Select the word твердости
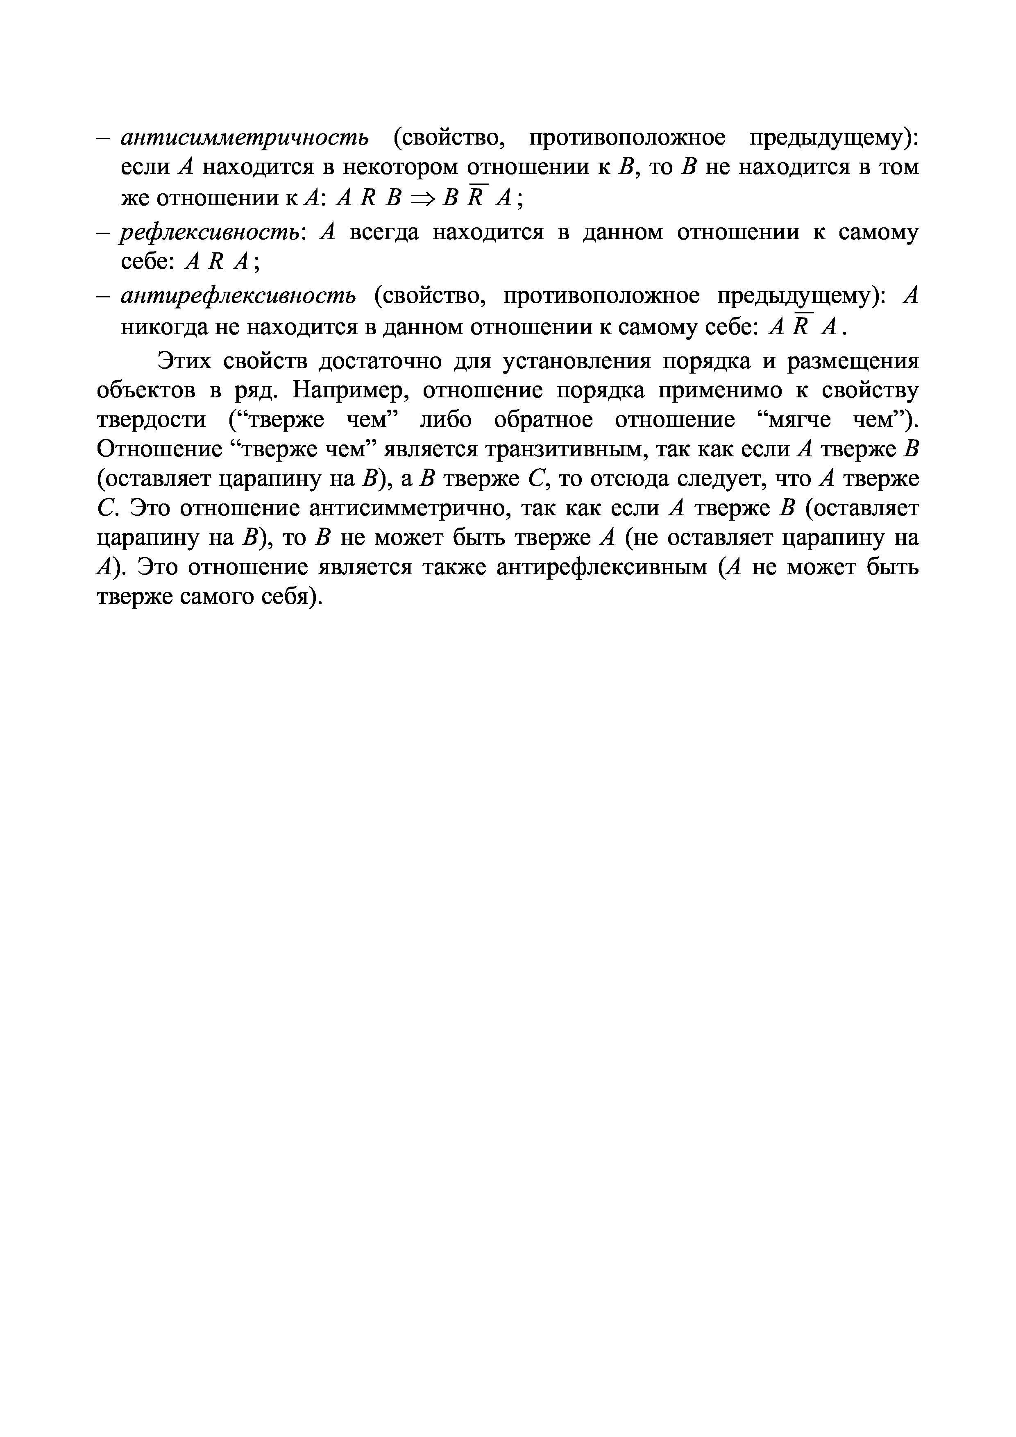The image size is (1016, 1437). click(151, 419)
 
